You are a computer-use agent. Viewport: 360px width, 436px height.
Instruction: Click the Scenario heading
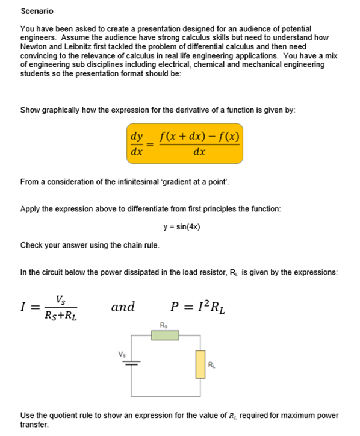37,11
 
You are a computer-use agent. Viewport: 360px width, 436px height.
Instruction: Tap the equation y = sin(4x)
181,227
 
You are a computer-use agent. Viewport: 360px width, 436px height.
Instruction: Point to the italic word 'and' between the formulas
123,307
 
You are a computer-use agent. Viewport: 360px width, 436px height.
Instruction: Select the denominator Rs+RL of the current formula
61,315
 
